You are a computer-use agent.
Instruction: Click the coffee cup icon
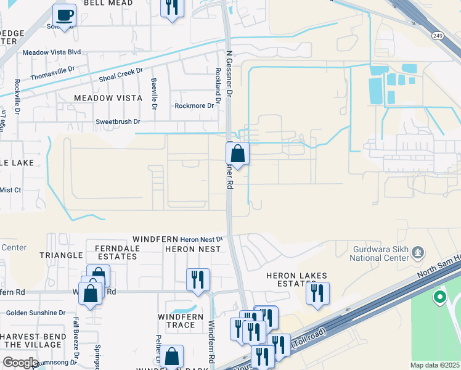click(63, 14)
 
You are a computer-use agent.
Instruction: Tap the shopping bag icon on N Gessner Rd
click(237, 152)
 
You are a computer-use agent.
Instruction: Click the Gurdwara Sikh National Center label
click(380, 254)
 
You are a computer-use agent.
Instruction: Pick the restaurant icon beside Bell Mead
click(172, 7)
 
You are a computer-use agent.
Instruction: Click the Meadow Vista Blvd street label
click(52, 52)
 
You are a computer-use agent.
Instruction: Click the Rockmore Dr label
click(194, 105)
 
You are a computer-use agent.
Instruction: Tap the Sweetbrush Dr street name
click(118, 122)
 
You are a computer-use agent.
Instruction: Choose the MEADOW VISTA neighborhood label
click(108, 98)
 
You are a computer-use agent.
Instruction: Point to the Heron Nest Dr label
click(201, 239)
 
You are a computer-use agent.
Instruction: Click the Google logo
click(20, 363)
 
